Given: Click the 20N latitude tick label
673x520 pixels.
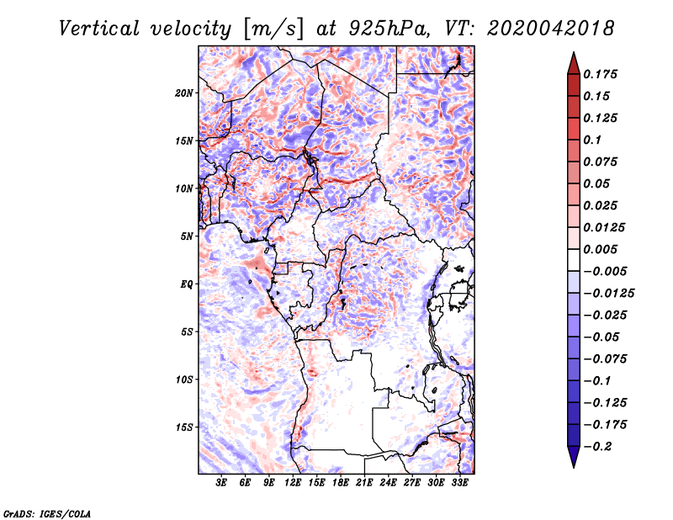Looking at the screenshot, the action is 184,93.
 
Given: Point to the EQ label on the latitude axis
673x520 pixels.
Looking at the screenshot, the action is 187,284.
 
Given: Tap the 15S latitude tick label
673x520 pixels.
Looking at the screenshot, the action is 184,427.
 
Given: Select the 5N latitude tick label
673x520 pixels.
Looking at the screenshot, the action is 187,236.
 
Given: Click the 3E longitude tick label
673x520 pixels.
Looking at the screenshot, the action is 221,482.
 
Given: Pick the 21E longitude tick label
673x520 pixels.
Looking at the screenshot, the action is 364,482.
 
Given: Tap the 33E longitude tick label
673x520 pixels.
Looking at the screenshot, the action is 459,482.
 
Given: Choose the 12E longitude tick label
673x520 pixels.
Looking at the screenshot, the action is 292,482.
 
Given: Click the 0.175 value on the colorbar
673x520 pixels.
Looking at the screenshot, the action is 600,74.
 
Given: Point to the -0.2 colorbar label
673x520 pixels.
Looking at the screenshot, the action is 597,447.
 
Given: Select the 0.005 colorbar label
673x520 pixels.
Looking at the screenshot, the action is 600,249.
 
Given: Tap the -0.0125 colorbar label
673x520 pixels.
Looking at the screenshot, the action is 608,294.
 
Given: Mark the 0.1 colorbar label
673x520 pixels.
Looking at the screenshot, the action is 592,140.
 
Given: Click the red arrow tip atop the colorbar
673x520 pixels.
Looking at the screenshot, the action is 574,52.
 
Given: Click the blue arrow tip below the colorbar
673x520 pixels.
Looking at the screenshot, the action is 574,467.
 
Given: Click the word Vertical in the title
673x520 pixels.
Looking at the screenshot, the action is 99,29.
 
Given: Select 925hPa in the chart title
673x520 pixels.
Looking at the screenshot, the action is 388,29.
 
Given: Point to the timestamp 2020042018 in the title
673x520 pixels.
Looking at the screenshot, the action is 551,29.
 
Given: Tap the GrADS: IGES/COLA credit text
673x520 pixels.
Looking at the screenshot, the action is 47,513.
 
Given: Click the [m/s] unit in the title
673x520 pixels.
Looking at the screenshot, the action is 273,29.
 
